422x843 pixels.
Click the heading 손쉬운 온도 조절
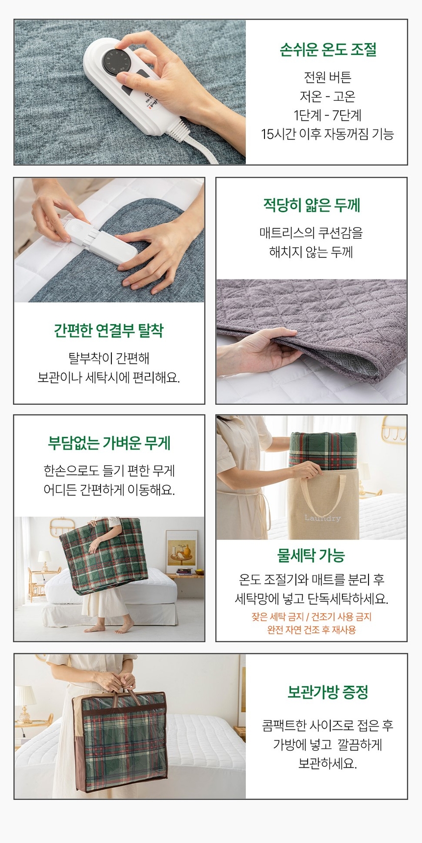coord(328,50)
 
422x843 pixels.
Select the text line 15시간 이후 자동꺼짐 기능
coord(327,134)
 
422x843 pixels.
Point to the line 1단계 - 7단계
coord(327,115)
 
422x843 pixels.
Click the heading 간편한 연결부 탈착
coord(108,330)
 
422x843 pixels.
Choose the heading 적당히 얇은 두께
coord(312,205)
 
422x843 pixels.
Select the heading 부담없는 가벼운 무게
coord(109,443)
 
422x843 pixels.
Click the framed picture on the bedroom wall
coord(182,550)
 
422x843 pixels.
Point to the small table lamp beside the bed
coord(44,560)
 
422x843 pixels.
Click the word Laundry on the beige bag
coord(322,518)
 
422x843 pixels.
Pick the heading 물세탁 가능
coord(311,556)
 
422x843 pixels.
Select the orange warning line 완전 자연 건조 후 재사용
coord(311,630)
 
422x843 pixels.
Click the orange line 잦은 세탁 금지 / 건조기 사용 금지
coord(311,617)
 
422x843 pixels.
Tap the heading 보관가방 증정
coord(327,692)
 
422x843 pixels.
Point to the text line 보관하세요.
coord(327,763)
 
